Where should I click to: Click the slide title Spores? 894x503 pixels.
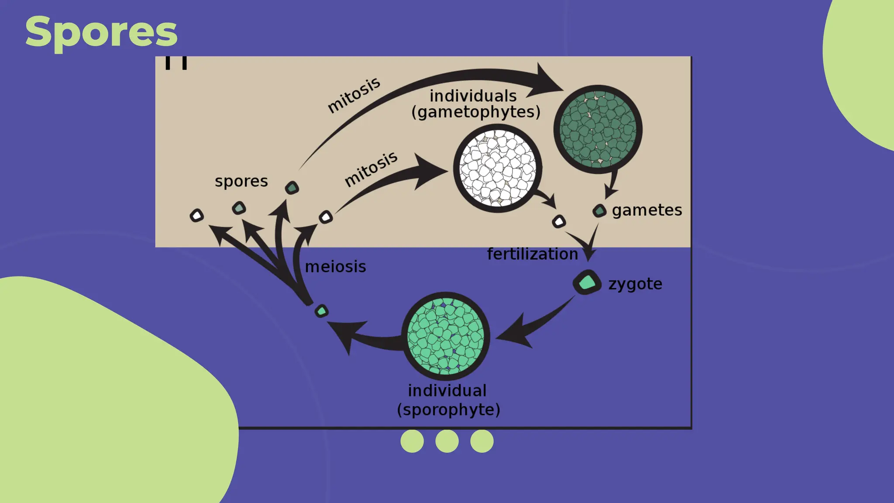click(101, 31)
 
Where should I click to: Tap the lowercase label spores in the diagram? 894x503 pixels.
click(241, 181)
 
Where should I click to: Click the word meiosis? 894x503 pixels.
click(335, 267)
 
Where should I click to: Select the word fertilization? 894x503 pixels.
click(533, 254)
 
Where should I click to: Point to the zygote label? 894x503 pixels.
click(635, 284)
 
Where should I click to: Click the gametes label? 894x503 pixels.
click(647, 210)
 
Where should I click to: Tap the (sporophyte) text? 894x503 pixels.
click(448, 410)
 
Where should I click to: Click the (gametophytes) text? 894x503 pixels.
click(476, 112)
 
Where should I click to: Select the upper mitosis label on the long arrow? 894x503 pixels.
click(354, 96)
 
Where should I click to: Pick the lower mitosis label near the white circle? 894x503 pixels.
click(371, 169)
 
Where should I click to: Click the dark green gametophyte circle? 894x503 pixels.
click(598, 129)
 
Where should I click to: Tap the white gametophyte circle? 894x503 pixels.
click(498, 168)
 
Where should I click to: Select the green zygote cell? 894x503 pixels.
click(587, 283)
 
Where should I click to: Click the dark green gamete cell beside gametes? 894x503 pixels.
click(600, 211)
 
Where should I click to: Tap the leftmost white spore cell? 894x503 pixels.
click(197, 216)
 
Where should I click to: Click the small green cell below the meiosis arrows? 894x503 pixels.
click(322, 311)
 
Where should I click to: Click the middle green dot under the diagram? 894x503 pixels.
click(447, 441)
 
